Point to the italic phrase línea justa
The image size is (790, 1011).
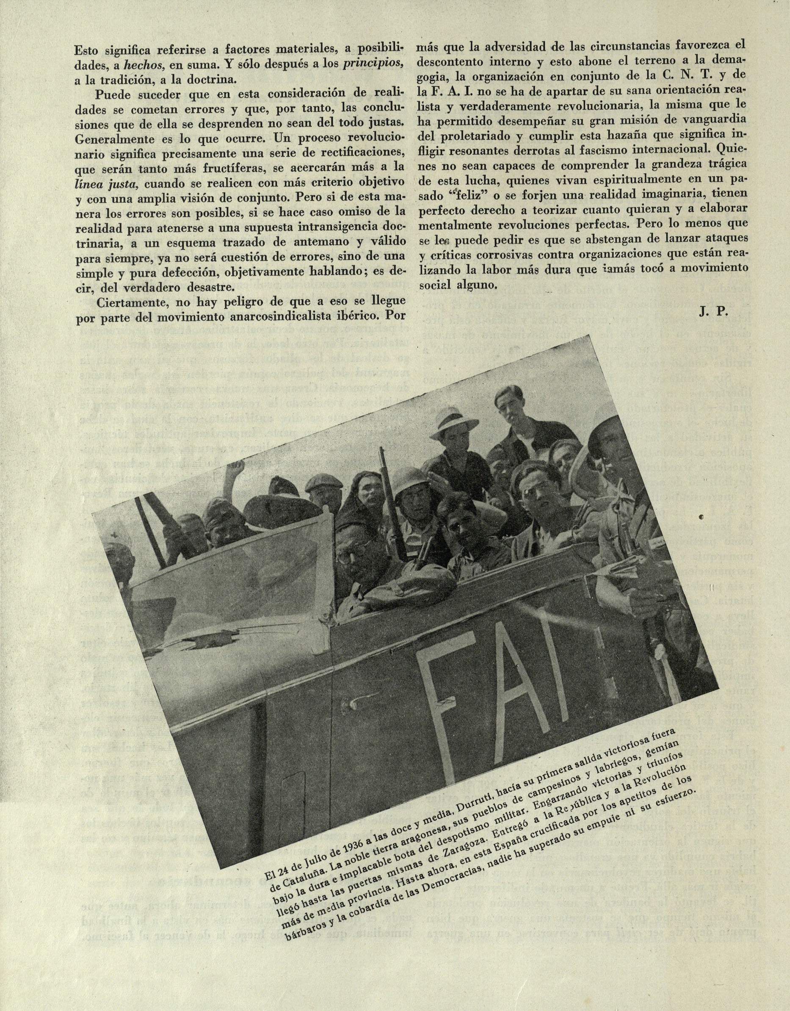coord(107,184)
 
